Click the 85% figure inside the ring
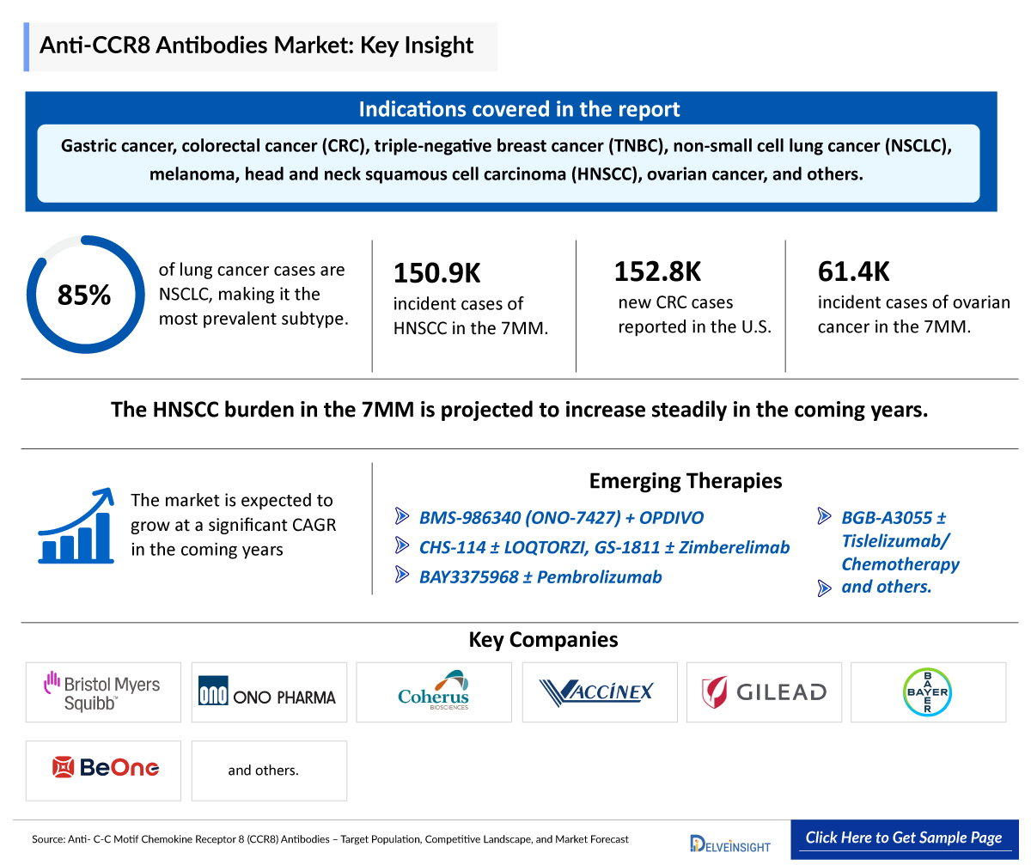[84, 295]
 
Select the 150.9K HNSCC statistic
[436, 273]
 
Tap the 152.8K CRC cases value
[657, 271]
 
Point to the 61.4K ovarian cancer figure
[853, 272]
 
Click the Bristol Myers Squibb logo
[103, 692]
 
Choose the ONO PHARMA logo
[268, 692]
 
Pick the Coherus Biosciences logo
[434, 692]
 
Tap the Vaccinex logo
[599, 691]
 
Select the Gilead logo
[764, 691]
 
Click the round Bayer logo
[928, 691]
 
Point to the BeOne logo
[103, 770]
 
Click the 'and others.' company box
[264, 771]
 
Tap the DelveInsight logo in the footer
[729, 842]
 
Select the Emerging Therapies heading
[685, 480]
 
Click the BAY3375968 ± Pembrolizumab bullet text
[540, 577]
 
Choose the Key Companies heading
[543, 640]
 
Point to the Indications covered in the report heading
[519, 109]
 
